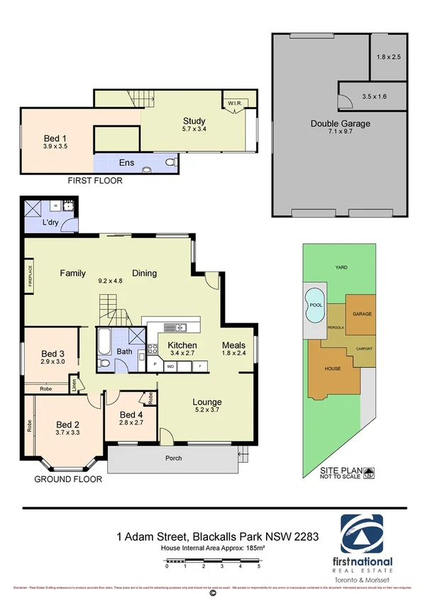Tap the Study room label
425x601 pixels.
(194, 121)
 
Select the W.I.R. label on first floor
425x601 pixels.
(235, 103)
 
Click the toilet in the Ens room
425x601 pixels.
(170, 162)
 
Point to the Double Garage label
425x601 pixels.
(340, 123)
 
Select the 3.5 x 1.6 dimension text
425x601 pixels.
(374, 95)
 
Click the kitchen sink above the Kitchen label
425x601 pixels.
(175, 327)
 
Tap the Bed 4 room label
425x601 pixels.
(132, 415)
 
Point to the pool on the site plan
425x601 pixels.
(312, 305)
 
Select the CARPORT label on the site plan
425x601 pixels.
(363, 348)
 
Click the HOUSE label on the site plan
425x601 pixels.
(332, 369)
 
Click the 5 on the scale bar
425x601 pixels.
(258, 567)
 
